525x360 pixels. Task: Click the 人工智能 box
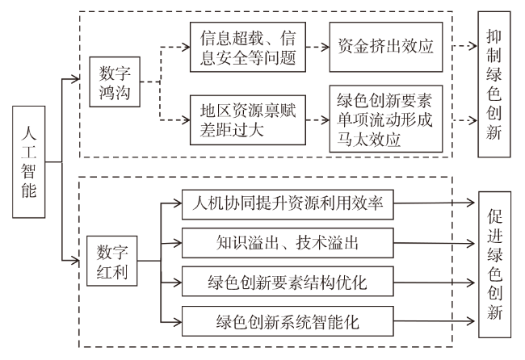pos(29,162)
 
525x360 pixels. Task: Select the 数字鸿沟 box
pos(115,82)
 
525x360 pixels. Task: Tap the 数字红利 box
pos(111,261)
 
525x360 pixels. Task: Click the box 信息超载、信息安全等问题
pos(248,47)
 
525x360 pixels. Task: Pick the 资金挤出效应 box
pos(386,47)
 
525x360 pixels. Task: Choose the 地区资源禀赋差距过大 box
pos(248,120)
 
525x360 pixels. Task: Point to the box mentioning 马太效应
pos(386,119)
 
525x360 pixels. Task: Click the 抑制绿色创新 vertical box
pos(494,84)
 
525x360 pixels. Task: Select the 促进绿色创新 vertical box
pos(495,265)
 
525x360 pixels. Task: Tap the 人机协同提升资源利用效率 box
pos(288,205)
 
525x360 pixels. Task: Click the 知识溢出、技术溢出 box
pos(288,243)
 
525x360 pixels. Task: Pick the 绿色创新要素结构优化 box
pos(288,282)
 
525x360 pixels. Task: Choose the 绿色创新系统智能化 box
pos(288,321)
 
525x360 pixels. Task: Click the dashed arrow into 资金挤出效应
pos(317,47)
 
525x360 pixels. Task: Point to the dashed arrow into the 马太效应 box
pos(317,119)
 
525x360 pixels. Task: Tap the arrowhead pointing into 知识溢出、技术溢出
pos(178,243)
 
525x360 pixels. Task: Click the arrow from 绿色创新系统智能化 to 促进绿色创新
pos(435,321)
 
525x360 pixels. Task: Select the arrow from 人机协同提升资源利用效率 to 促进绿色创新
pos(435,203)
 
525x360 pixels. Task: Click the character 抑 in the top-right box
pos(494,36)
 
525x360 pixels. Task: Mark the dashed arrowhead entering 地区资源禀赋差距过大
pos(186,119)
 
